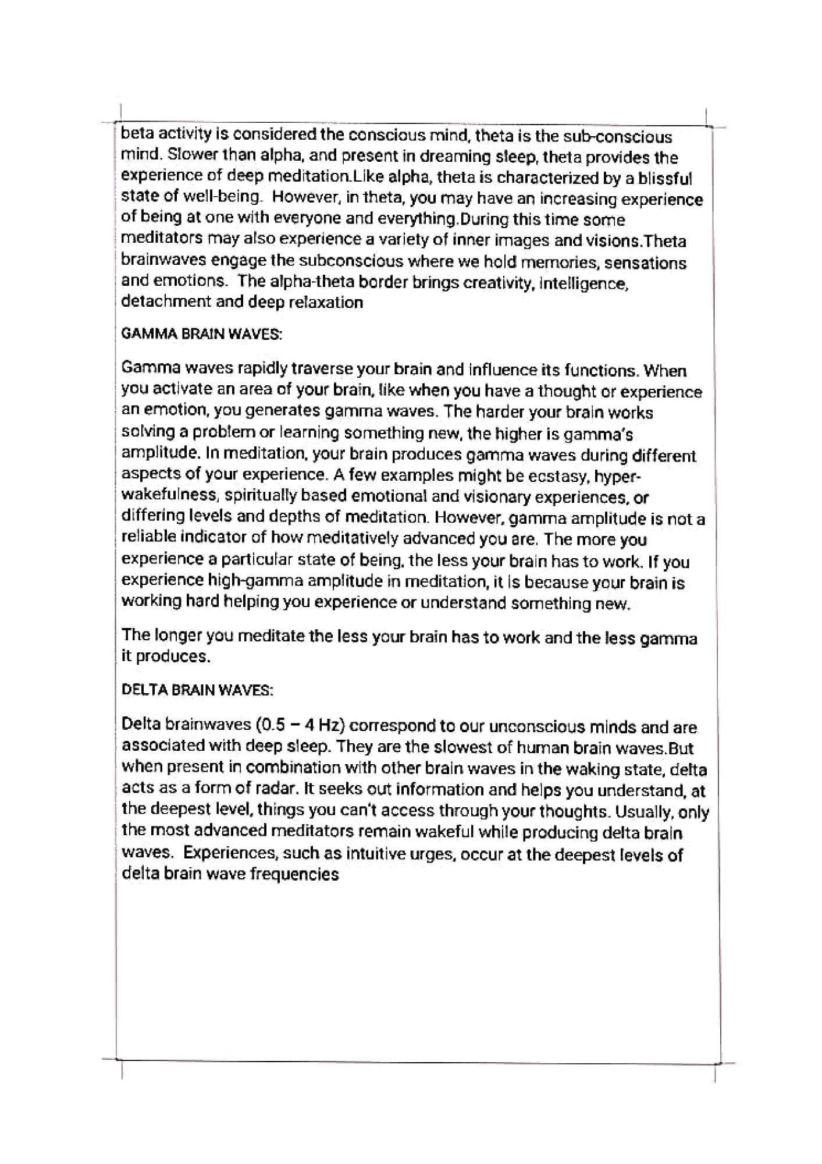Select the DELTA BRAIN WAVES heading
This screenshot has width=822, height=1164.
(197, 690)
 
